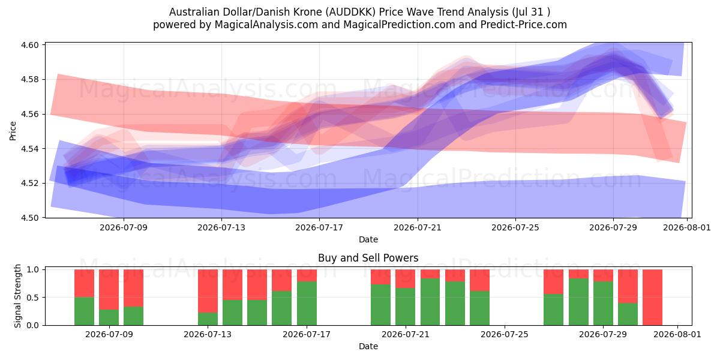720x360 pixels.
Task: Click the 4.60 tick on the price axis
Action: (29, 45)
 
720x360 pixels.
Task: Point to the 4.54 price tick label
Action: (29, 149)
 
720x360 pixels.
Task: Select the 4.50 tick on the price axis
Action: (29, 218)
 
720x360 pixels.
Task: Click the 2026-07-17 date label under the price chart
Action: (319, 227)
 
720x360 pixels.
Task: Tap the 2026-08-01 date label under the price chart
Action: (687, 227)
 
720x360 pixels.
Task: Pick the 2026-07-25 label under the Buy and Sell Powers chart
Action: (505, 335)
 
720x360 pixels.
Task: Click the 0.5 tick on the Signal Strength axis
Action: (33, 298)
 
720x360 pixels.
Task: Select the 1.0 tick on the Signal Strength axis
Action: (33, 269)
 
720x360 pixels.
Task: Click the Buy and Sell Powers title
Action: (368, 258)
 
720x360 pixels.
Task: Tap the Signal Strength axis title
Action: (17, 296)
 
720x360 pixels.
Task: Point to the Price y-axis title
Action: (13, 131)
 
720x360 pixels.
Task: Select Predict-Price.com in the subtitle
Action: (524, 25)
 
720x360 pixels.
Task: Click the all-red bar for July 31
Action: (653, 298)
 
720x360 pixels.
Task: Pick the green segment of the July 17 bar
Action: (307, 304)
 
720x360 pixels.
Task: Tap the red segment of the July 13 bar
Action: (208, 291)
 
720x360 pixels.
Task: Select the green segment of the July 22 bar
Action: (430, 302)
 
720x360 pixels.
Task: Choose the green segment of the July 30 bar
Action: (628, 314)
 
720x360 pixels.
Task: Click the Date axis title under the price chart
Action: (368, 239)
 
